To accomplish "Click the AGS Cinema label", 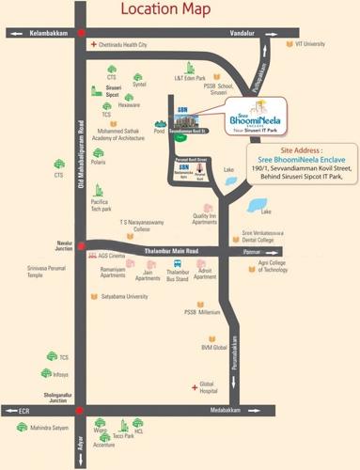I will coord(111,256).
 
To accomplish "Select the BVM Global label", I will coord(213,347).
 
